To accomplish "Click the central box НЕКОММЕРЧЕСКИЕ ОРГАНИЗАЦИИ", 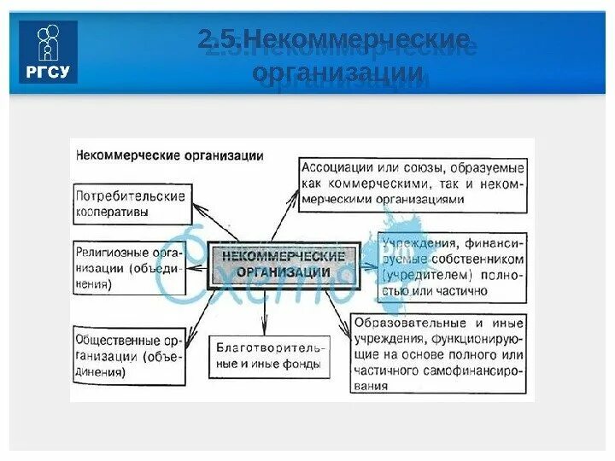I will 289,264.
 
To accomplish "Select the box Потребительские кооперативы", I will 129,202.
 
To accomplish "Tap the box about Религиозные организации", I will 129,267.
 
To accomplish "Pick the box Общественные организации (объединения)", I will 129,352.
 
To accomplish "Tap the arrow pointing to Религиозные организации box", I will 196,266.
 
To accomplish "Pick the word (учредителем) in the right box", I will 425,275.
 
